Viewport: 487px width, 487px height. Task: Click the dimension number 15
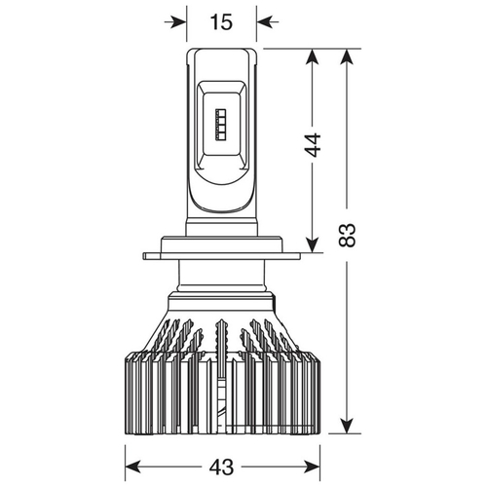coord(221,22)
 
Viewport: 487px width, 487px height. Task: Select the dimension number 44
coord(313,145)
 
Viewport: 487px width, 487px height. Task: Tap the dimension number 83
coord(347,235)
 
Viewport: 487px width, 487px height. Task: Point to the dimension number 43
coord(221,468)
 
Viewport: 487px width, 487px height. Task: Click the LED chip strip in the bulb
coord(221,125)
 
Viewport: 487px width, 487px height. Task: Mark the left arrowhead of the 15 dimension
coord(177,22)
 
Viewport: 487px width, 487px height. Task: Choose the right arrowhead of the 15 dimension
coord(266,22)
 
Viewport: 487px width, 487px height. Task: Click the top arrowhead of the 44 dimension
coord(313,58)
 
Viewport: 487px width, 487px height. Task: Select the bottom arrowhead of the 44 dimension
coord(313,243)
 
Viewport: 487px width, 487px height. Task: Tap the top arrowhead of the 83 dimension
coord(347,58)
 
